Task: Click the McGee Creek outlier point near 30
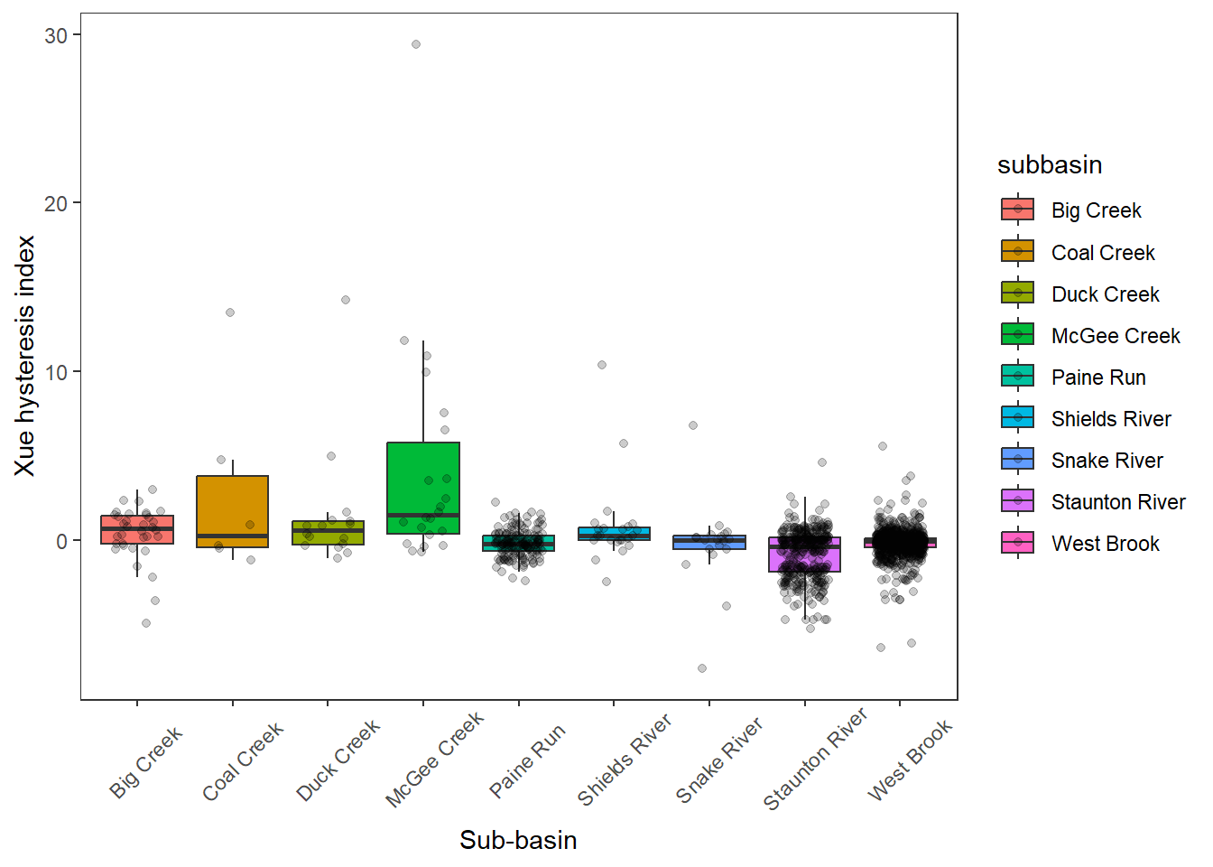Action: (416, 44)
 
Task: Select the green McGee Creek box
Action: (423, 479)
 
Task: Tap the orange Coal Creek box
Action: (233, 506)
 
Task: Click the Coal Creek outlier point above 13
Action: (230, 312)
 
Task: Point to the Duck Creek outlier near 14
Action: (346, 300)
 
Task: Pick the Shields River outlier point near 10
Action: (602, 365)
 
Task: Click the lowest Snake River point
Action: (702, 668)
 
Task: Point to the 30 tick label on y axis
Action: (56, 35)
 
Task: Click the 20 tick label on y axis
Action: (56, 203)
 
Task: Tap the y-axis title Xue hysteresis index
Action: (24, 356)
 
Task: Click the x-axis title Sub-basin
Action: (518, 840)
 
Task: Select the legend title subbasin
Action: (1050, 164)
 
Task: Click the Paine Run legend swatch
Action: (1017, 377)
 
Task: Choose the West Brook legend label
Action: (1105, 544)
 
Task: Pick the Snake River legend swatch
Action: (1017, 460)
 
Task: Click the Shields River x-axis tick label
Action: (625, 760)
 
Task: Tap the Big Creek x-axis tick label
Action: (146, 761)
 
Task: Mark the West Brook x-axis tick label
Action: (910, 760)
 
